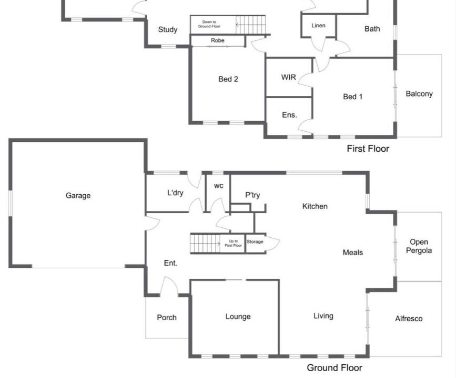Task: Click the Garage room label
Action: pyautogui.click(x=78, y=196)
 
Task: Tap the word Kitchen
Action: pyautogui.click(x=315, y=206)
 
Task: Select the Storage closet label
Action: pyautogui.click(x=255, y=241)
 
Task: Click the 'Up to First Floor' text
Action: pyautogui.click(x=233, y=243)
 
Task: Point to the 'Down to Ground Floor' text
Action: pyautogui.click(x=209, y=24)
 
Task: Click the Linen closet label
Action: pyautogui.click(x=318, y=26)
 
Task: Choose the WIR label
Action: pyautogui.click(x=289, y=77)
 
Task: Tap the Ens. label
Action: pyautogui.click(x=289, y=115)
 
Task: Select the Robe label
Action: pyautogui.click(x=218, y=40)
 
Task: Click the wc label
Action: pyautogui.click(x=219, y=186)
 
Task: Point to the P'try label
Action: pyautogui.click(x=252, y=195)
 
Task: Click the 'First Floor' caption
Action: pyautogui.click(x=368, y=149)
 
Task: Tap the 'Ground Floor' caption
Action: pyautogui.click(x=335, y=368)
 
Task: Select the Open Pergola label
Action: pyautogui.click(x=419, y=246)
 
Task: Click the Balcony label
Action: pyautogui.click(x=419, y=94)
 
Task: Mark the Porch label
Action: pyautogui.click(x=167, y=317)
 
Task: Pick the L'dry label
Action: pyautogui.click(x=175, y=193)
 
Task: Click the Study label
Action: pyautogui.click(x=168, y=29)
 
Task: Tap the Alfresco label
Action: pyautogui.click(x=409, y=319)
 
